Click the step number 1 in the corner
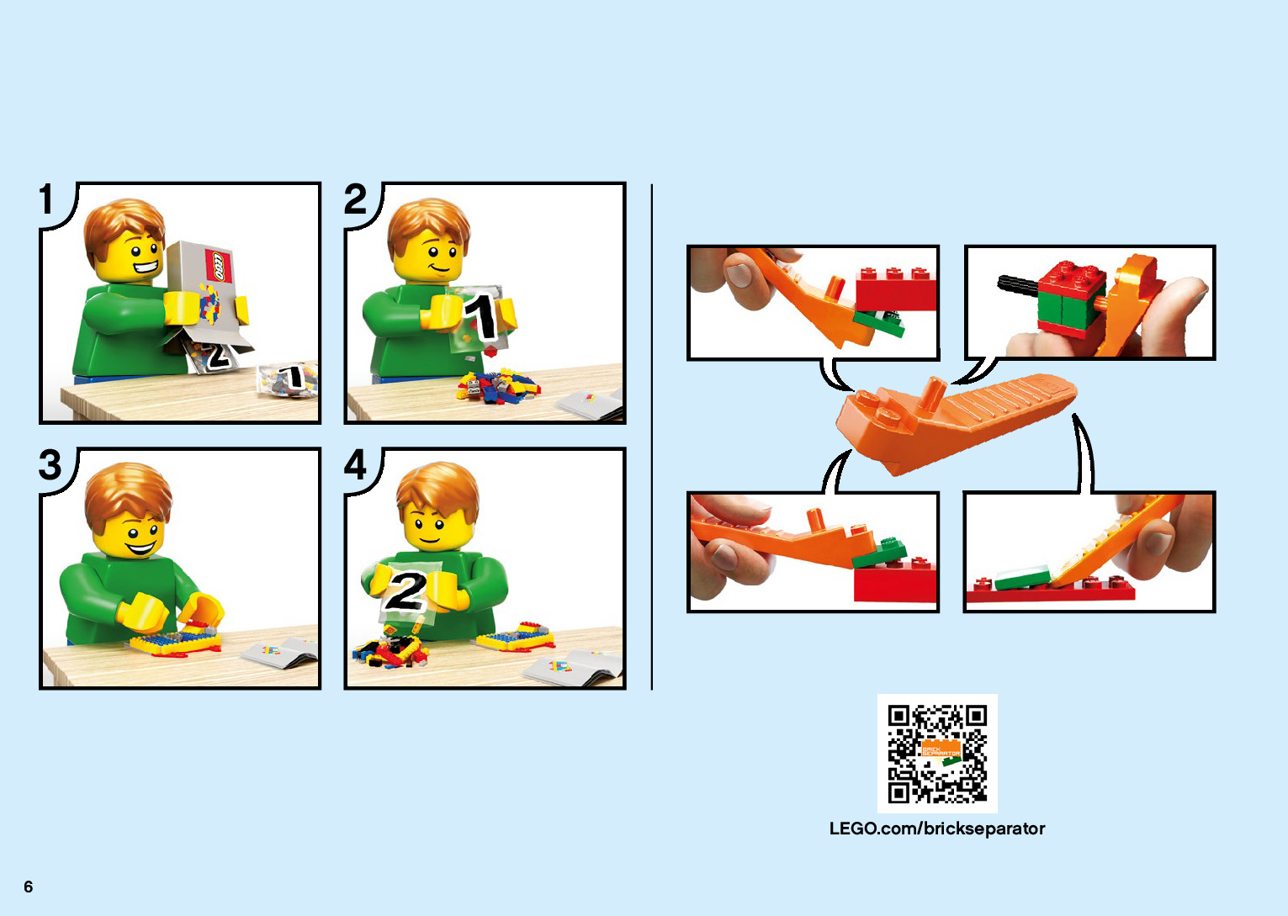46,199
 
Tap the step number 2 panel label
355,199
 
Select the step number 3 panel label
50,464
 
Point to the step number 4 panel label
355,464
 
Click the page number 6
28,886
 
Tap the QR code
937,754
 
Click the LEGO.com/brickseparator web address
937,829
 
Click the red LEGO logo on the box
219,267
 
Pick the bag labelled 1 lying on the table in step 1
288,379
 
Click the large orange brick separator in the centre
955,422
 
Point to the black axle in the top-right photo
1018,284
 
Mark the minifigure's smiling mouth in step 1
145,267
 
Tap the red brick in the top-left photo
895,289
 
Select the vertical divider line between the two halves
651,437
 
